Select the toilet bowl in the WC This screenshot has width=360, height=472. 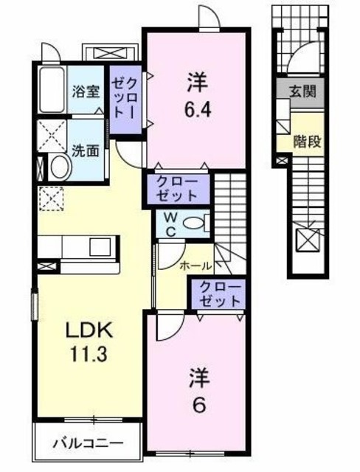coord(195,223)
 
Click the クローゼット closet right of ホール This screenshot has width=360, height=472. coord(218,294)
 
